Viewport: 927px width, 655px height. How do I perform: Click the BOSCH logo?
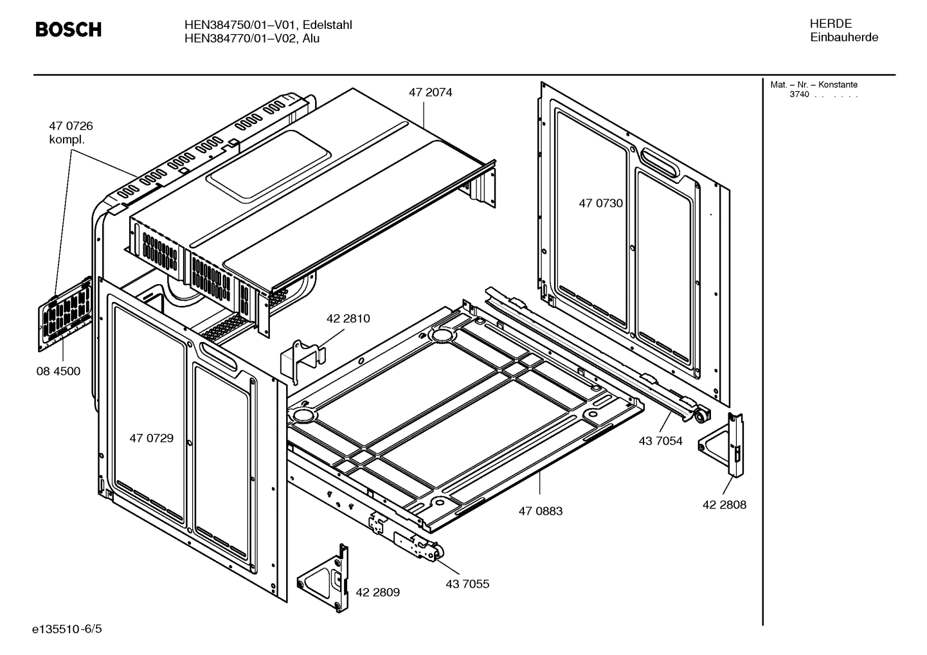click(68, 30)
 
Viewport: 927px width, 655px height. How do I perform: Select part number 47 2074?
click(430, 93)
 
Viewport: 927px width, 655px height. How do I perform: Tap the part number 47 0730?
click(600, 203)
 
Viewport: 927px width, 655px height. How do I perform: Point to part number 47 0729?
click(151, 438)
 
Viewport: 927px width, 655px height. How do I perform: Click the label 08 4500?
click(58, 372)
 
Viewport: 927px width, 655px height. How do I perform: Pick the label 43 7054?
click(660, 441)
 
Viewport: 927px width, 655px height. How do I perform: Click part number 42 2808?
click(724, 505)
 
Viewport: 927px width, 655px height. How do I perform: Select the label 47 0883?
click(540, 511)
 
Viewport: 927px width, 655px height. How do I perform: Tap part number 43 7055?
click(467, 584)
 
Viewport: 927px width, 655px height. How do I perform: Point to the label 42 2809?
click(377, 592)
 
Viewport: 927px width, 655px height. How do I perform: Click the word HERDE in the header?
click(831, 24)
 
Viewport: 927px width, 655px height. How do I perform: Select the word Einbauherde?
click(843, 37)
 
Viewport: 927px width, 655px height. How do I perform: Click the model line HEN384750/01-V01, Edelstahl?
click(267, 25)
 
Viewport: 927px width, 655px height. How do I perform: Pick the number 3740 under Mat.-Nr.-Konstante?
click(799, 95)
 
